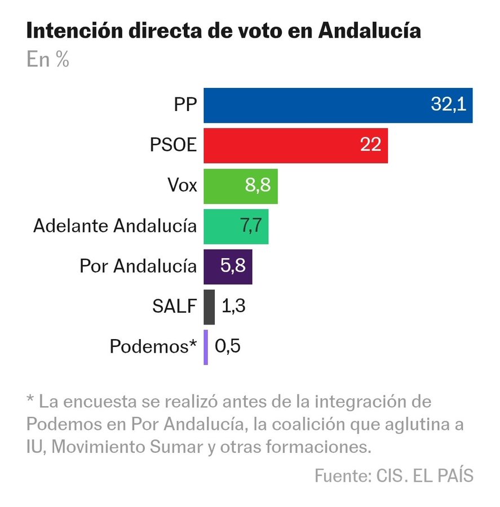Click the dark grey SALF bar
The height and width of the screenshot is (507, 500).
209,306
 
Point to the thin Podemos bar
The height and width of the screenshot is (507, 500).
206,347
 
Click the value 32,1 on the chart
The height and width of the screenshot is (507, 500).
448,105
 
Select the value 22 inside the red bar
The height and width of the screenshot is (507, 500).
371,145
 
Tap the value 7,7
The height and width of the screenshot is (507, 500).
251,226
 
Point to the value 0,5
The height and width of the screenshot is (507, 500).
228,346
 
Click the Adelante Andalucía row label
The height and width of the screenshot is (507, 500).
115,226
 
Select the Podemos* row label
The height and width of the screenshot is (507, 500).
153,346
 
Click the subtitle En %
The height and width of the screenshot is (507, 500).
47,60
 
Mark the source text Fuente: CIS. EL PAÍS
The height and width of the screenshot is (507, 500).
393,475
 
